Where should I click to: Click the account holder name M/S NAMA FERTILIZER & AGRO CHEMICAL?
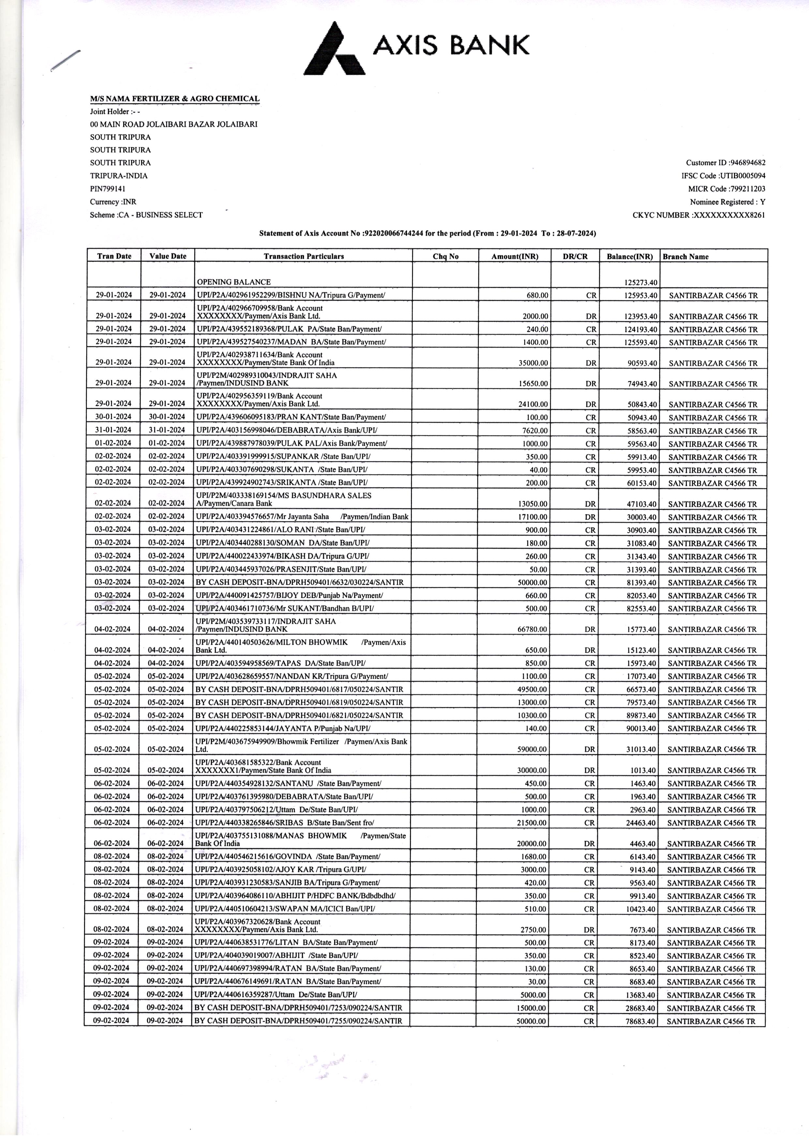pyautogui.click(x=174, y=99)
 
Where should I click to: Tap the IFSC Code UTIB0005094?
pyautogui.click(x=742, y=175)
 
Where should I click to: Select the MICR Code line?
pyautogui.click(x=726, y=189)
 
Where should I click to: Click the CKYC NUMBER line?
pyautogui.click(x=698, y=215)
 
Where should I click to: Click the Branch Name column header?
pyautogui.click(x=685, y=257)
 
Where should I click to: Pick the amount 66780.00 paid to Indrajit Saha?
pyautogui.click(x=532, y=629)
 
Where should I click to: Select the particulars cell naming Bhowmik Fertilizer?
pyautogui.click(x=301, y=745)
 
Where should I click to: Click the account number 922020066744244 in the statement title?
pyautogui.click(x=394, y=233)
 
